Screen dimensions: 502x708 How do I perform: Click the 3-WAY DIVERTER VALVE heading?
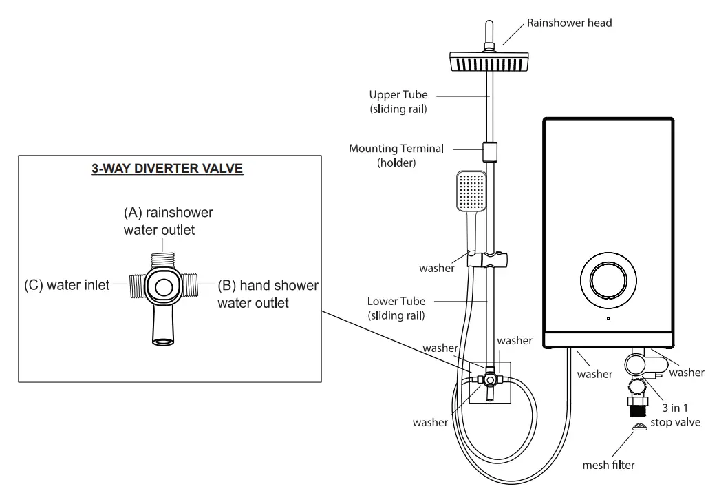click(167, 169)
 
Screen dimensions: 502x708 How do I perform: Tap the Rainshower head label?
click(569, 23)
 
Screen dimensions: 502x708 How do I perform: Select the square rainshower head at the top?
click(489, 61)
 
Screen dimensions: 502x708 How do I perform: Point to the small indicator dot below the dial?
click(608, 318)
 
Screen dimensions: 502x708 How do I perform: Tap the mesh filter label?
click(608, 465)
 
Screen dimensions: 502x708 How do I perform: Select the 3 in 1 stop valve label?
click(675, 415)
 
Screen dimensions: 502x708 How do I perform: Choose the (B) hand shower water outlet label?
click(268, 294)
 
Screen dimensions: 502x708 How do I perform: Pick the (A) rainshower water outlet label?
click(168, 221)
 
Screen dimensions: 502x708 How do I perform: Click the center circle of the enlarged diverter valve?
click(164, 286)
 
